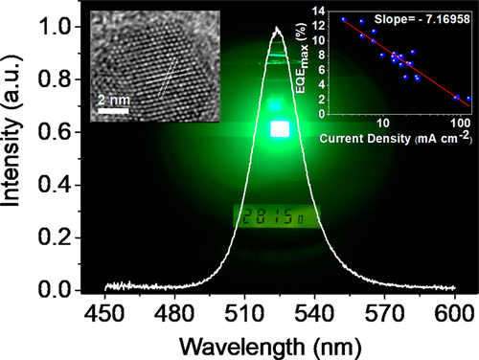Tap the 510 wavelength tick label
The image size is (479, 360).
[x=244, y=311]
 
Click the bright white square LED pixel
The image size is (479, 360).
[x=279, y=128]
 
